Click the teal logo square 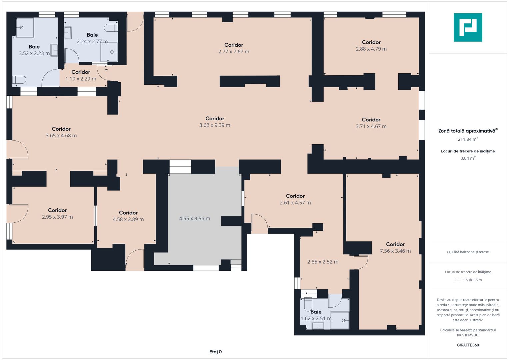coord(468,27)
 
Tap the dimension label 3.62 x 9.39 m coord(215,125)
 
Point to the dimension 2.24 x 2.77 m coord(92,42)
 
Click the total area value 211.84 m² coord(468,139)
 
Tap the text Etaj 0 coord(215,352)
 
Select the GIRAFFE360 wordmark coord(468,345)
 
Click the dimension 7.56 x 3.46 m coord(395,251)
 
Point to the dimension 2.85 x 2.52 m coord(323,262)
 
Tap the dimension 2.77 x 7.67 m coord(234,52)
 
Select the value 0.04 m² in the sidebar coord(468,158)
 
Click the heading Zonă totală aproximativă coord(467,131)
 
